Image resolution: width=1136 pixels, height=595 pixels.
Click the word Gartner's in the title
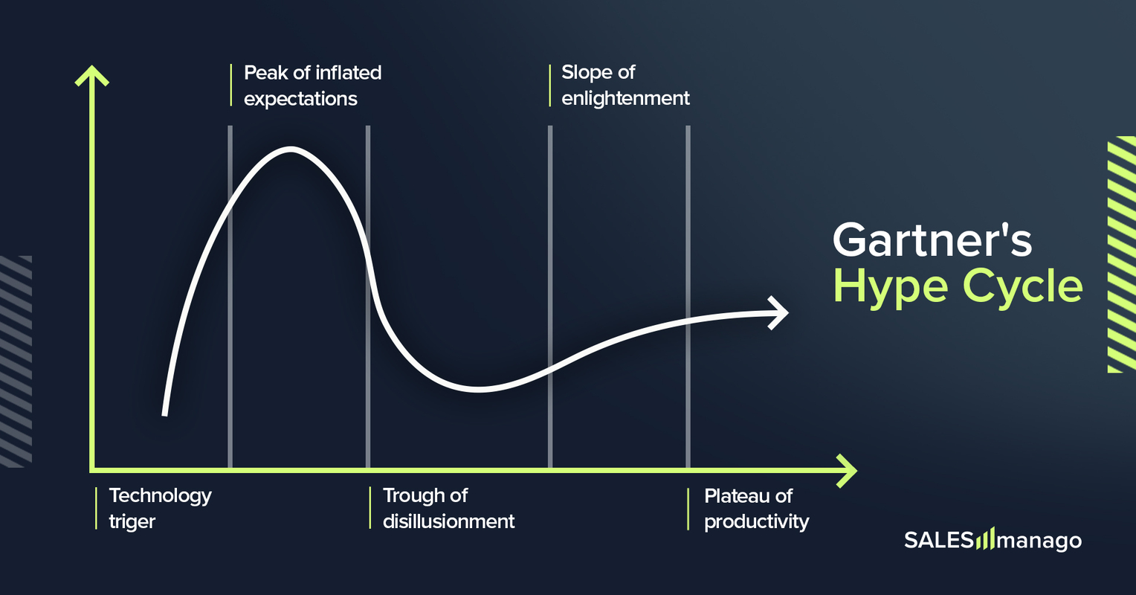coord(932,239)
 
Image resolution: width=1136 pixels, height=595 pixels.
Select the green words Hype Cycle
coord(958,286)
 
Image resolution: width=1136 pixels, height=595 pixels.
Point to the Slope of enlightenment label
coord(625,86)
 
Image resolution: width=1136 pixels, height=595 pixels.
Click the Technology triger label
coord(160,509)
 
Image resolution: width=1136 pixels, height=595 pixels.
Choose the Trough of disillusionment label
coord(448,509)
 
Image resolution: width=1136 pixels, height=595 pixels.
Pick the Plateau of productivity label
coord(756,509)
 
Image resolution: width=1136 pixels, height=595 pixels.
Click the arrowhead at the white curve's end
coord(779,312)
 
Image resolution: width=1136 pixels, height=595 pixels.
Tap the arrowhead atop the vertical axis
coord(91,75)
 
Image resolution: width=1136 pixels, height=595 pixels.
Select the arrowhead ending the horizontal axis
coord(847,471)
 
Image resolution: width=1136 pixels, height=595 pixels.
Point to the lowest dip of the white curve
coord(480,389)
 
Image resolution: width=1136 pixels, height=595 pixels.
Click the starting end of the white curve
coord(164,414)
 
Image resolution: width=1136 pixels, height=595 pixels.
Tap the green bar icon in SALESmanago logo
coord(984,539)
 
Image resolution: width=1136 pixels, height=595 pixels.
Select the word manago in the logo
coord(1039,541)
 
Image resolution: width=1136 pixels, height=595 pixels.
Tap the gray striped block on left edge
coord(16,361)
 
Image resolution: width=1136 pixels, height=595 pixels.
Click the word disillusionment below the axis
coord(448,522)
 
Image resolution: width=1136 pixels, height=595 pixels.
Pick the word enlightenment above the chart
coord(625,99)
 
